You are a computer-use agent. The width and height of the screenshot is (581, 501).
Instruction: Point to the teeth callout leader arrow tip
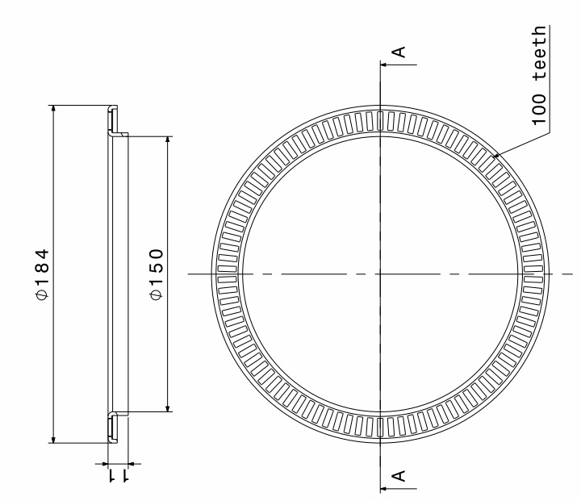[495, 157]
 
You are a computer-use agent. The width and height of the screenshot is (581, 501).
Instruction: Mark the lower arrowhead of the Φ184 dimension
[52, 439]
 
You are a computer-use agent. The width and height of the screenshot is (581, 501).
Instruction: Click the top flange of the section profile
[113, 119]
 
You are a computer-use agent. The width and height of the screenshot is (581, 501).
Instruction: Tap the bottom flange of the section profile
[113, 428]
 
